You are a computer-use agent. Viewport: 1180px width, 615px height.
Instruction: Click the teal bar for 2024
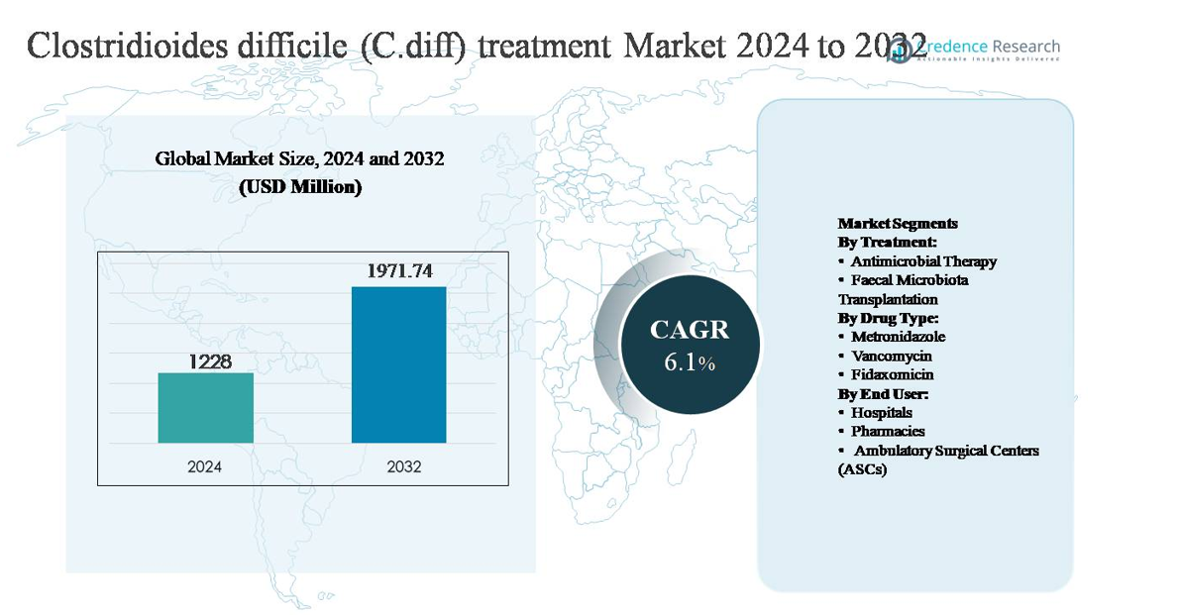[x=205, y=407]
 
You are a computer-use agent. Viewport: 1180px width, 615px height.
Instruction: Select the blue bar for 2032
[x=398, y=364]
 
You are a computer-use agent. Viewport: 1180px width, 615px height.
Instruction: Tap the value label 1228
[x=210, y=361]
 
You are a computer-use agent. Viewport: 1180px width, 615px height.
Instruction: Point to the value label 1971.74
[x=399, y=270]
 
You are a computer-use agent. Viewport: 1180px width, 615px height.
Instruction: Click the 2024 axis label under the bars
[x=205, y=466]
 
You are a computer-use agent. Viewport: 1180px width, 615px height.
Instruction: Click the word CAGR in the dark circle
[x=689, y=330]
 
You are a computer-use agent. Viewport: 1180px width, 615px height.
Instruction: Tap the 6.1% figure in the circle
[x=689, y=363]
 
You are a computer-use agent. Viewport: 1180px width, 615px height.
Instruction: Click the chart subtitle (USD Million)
[x=300, y=186]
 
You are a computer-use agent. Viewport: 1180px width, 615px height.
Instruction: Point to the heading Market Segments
[x=898, y=224]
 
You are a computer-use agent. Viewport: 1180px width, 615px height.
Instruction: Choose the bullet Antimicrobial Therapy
[x=923, y=261]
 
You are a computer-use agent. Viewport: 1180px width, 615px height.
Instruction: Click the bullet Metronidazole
[x=898, y=337]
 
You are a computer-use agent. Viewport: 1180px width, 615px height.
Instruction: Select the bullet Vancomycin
[x=892, y=356]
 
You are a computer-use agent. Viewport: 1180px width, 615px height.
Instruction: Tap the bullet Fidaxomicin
[x=892, y=374]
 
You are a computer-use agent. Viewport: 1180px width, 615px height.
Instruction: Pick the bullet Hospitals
[x=882, y=412]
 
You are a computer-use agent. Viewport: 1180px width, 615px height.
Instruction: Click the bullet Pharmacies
[x=888, y=431]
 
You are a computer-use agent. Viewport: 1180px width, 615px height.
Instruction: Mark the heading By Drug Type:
[x=888, y=318]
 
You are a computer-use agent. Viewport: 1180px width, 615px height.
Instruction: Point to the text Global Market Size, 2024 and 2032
[x=299, y=158]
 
